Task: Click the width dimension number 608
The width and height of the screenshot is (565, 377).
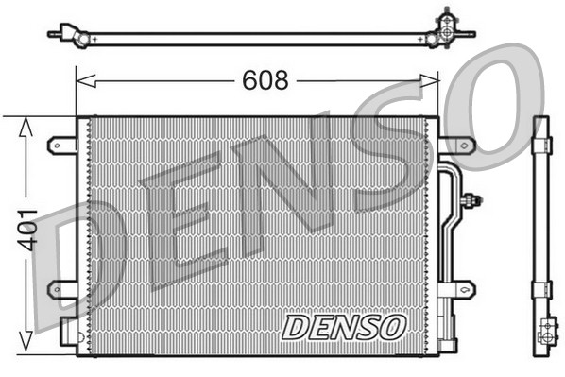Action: (265, 82)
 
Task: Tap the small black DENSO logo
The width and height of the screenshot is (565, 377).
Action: (344, 327)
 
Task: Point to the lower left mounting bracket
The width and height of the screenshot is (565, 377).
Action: (62, 287)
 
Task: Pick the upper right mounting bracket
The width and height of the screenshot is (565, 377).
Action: (456, 145)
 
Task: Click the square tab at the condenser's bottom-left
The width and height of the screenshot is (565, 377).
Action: (69, 332)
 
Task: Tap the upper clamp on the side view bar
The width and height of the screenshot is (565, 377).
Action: (541, 145)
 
